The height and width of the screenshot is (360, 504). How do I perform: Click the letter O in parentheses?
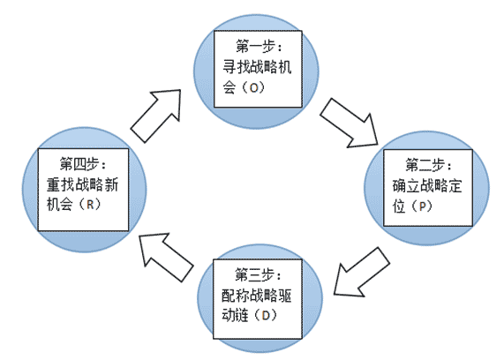click(x=254, y=87)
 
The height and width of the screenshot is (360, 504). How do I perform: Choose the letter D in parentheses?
click(x=266, y=316)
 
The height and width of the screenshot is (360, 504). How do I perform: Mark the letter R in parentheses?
click(x=90, y=205)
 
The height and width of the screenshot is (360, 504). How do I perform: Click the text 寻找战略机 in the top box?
click(x=257, y=67)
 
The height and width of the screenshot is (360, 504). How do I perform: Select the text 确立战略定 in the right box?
click(x=427, y=186)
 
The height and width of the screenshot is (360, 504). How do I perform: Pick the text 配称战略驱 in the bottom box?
click(x=257, y=296)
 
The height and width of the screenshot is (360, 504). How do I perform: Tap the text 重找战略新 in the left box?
click(x=83, y=184)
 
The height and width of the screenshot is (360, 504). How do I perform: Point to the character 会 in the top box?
click(x=229, y=87)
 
